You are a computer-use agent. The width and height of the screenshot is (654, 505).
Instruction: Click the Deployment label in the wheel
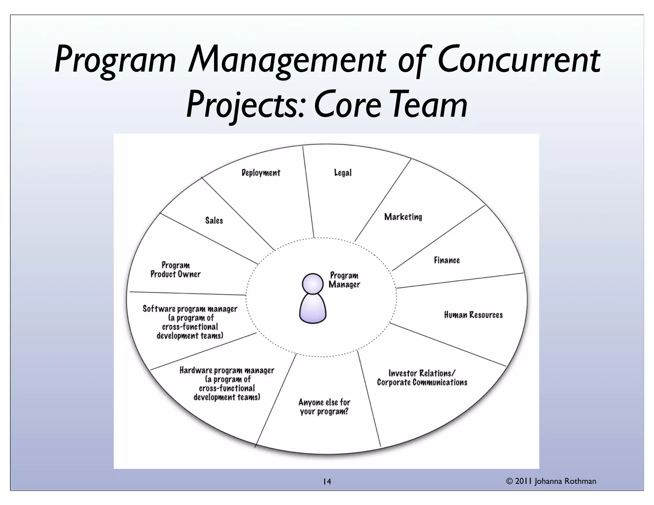pyautogui.click(x=261, y=173)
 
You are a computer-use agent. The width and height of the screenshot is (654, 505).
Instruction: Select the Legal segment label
pyautogui.click(x=343, y=173)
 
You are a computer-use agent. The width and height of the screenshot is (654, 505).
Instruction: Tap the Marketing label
pyautogui.click(x=403, y=217)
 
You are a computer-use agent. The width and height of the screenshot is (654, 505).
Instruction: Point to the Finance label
pyautogui.click(x=447, y=260)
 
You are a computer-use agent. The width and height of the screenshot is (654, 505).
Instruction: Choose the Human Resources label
pyautogui.click(x=473, y=315)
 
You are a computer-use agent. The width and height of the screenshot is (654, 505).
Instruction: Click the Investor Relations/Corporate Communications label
pyautogui.click(x=422, y=378)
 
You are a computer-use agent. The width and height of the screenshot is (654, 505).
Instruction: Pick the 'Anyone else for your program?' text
pyautogui.click(x=324, y=407)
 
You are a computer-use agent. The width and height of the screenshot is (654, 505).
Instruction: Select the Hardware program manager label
pyautogui.click(x=227, y=384)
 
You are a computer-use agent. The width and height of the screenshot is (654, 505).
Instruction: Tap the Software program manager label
pyautogui.click(x=190, y=322)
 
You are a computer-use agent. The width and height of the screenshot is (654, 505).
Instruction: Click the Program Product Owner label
pyautogui.click(x=176, y=270)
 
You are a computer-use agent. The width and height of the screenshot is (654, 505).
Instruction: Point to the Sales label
pyautogui.click(x=214, y=221)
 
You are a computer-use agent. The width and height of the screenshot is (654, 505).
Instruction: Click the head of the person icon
pyautogui.click(x=313, y=283)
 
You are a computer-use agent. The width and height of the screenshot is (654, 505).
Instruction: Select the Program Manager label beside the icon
pyautogui.click(x=344, y=280)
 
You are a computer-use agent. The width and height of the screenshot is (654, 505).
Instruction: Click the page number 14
pyautogui.click(x=327, y=481)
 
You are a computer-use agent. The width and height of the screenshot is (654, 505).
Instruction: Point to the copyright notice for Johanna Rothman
pyautogui.click(x=551, y=481)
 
